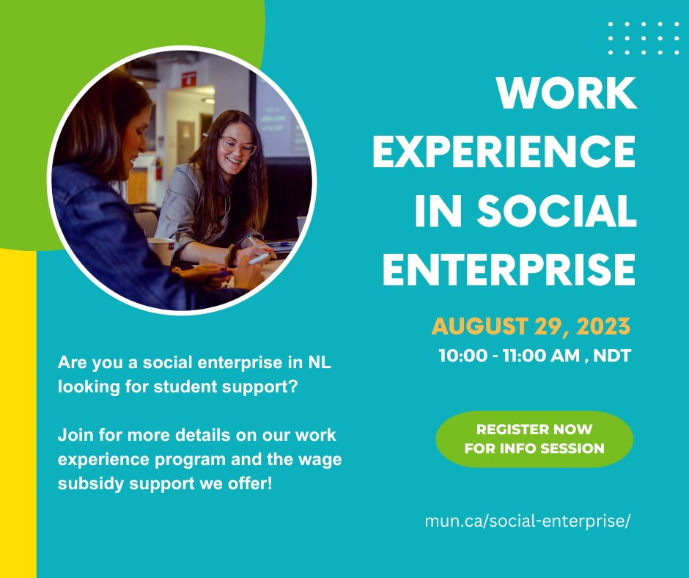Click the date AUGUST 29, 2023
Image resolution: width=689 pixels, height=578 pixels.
(x=531, y=326)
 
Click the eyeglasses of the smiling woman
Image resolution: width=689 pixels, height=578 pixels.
(x=238, y=147)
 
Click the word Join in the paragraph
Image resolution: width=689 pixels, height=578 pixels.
(x=73, y=435)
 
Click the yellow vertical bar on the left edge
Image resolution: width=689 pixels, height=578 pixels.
(x=18, y=411)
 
